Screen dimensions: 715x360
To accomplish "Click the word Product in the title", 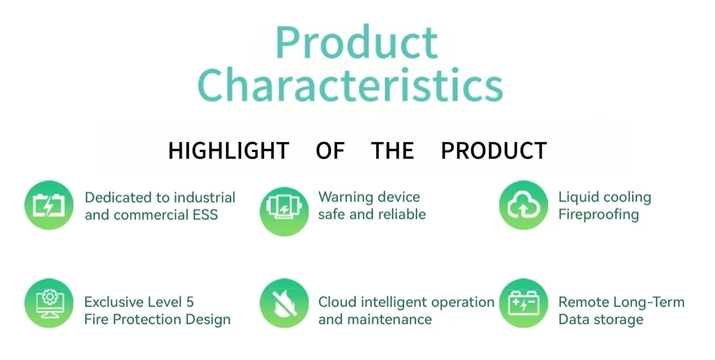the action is click(x=356, y=42).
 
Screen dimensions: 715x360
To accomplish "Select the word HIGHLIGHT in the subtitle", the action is click(x=229, y=150).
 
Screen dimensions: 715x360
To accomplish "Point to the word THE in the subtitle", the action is click(x=392, y=150).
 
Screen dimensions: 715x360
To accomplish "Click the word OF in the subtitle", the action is click(x=330, y=150).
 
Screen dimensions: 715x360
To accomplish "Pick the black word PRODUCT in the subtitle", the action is click(x=494, y=150).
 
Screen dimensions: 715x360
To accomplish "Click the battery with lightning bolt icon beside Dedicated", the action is click(x=49, y=205).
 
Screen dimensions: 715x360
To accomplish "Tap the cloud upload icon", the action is click(x=524, y=205).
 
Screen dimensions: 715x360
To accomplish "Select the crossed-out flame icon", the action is click(x=284, y=303).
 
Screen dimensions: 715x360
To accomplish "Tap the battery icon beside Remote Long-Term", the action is click(x=524, y=303).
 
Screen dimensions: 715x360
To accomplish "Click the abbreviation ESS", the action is click(x=205, y=215).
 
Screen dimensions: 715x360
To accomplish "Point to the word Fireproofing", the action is click(x=598, y=215).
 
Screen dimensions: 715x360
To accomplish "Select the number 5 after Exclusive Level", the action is click(x=190, y=302).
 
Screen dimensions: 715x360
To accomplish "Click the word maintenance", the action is click(x=390, y=319).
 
